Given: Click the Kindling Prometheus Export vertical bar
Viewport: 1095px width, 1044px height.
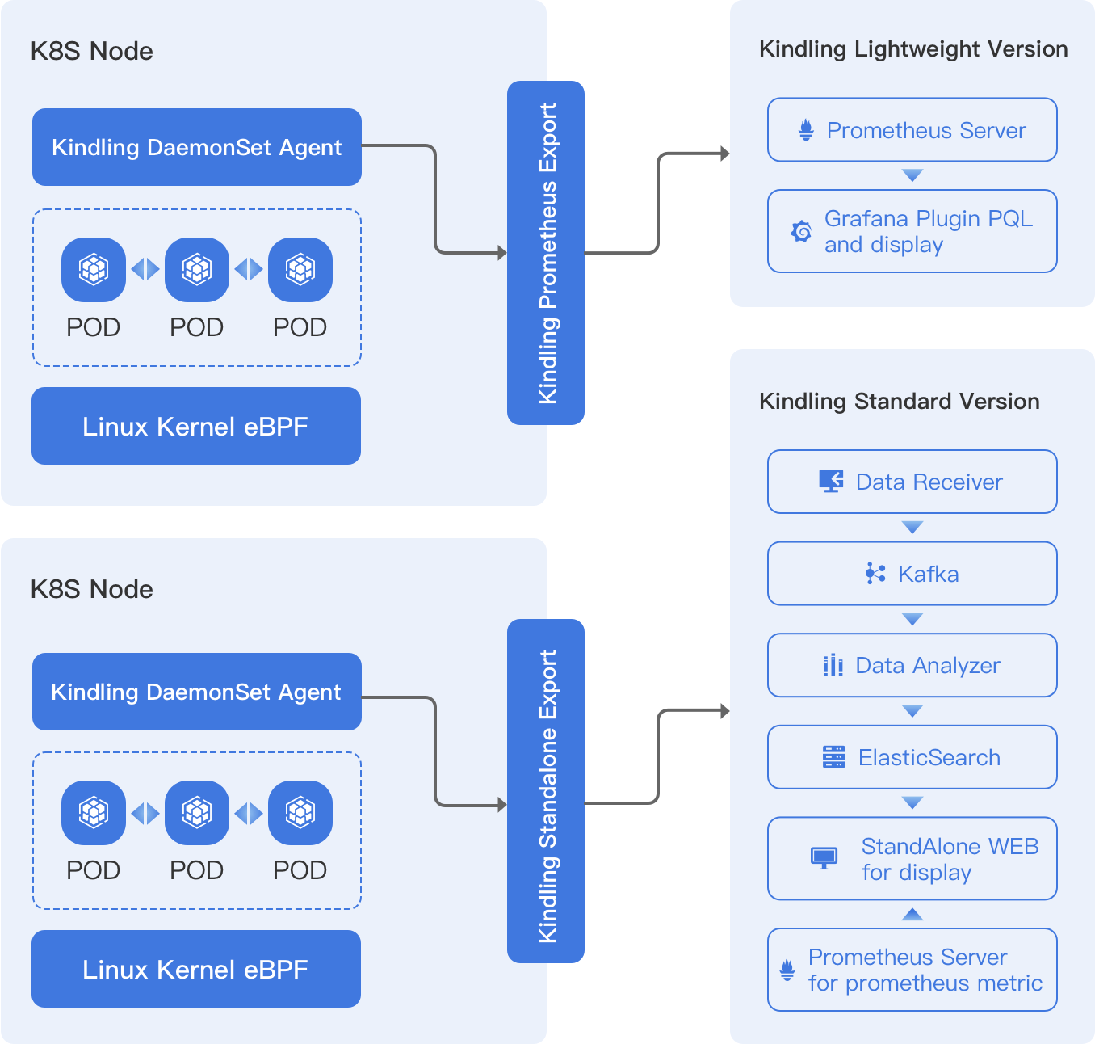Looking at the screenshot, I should coord(545,252).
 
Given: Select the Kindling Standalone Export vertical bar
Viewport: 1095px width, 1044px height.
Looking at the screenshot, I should coord(545,790).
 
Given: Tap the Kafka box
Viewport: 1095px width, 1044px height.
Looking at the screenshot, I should coord(912,574).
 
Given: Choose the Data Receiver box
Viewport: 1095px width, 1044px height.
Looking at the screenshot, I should coord(912,482).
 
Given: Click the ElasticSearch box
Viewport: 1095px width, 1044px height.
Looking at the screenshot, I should coord(912,757).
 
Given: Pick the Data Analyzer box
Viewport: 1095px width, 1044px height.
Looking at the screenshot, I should coord(912,665).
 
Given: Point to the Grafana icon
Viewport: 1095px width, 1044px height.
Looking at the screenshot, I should coord(801,232).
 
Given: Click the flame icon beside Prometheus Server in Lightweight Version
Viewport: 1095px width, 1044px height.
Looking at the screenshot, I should coord(806,130).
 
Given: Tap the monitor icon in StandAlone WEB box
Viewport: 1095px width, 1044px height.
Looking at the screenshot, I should coord(824,857).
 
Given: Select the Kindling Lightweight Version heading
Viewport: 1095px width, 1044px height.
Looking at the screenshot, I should coord(913,49).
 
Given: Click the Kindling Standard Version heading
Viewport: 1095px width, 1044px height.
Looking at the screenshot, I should coord(899,402).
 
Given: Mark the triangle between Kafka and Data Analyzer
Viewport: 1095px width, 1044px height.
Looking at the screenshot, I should coord(912,620).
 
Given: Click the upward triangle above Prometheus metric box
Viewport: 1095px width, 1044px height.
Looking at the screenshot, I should coord(912,914).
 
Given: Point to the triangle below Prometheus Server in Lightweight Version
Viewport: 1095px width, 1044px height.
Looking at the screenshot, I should coord(912,175).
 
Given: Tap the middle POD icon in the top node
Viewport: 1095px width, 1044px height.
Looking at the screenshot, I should coord(197,269).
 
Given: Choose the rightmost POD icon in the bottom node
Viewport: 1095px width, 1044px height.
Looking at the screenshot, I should coord(300,812).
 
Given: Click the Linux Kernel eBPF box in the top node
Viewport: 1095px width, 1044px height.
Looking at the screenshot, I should coord(196,426).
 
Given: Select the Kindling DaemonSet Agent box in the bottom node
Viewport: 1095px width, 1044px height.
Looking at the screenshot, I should coord(196,692).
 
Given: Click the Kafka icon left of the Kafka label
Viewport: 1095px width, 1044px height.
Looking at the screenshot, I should coord(875,574).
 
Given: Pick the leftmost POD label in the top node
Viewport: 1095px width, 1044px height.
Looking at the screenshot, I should coord(94,327).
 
